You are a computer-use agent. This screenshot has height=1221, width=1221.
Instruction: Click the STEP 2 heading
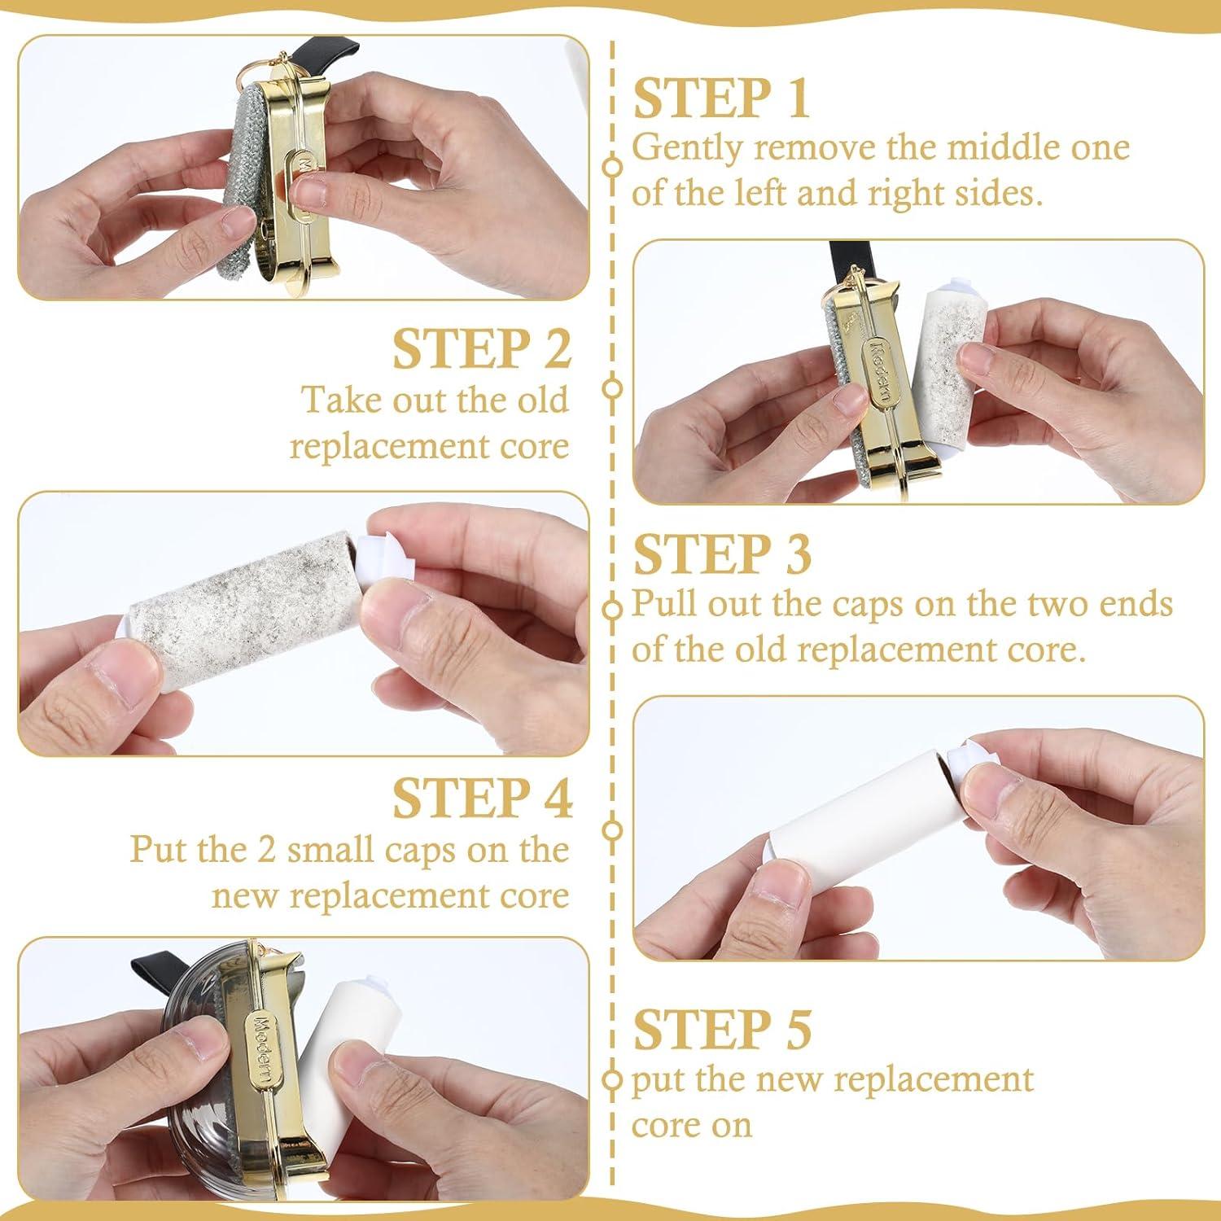click(x=482, y=349)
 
